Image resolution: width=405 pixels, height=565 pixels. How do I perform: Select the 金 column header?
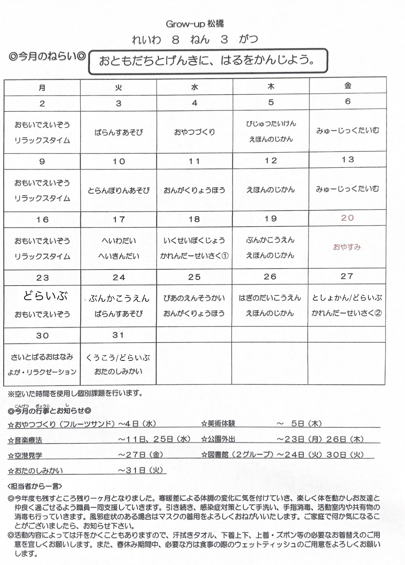[x=348, y=86]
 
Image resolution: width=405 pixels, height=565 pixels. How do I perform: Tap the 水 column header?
[x=195, y=87]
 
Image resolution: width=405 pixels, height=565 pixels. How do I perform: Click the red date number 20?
[x=347, y=218]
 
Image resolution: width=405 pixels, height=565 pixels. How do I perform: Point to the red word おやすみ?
[x=347, y=247]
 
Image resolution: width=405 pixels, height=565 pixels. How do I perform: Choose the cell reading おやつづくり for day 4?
[x=195, y=132]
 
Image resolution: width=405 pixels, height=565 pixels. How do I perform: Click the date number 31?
[x=118, y=335]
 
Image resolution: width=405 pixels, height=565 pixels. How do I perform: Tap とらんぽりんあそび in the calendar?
[x=119, y=191]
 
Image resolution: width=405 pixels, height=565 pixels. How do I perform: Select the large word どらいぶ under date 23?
[x=45, y=296]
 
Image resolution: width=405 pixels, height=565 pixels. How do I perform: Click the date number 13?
[x=348, y=159]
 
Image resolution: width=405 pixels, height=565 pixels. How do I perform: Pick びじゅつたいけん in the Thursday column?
[x=271, y=124]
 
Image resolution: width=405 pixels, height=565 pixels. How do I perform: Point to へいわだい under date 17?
[x=119, y=241]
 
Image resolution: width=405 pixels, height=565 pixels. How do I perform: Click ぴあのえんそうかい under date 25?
[x=194, y=298]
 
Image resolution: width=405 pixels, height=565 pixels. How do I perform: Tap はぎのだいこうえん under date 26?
[x=270, y=298]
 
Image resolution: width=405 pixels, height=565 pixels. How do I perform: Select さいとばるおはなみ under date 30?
[x=42, y=357]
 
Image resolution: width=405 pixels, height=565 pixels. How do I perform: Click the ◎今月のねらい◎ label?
[x=47, y=57]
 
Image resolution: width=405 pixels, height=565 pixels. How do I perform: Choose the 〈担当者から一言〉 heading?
[x=35, y=486]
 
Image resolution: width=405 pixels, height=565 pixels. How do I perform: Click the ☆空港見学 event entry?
[x=25, y=456]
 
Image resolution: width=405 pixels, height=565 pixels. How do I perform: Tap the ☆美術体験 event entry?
[x=218, y=423]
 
